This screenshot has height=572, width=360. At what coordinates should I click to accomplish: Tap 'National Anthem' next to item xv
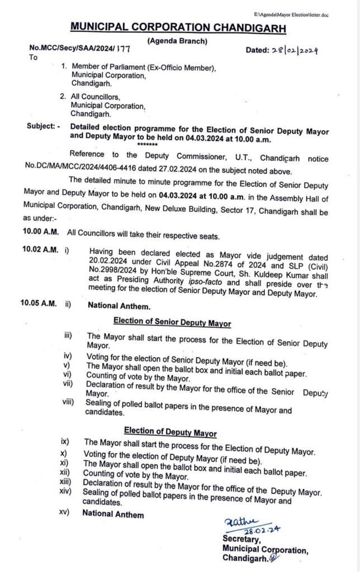tap(113, 514)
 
